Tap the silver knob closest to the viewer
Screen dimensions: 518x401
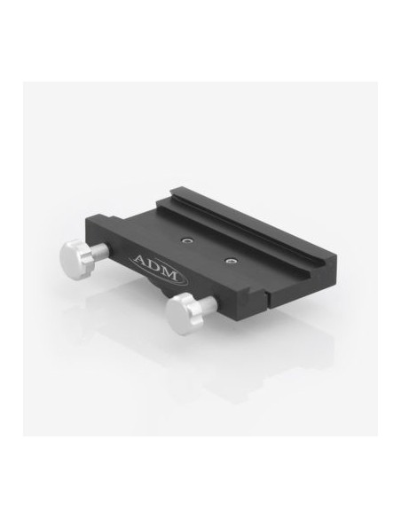180,310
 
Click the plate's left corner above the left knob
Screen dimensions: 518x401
88,232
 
